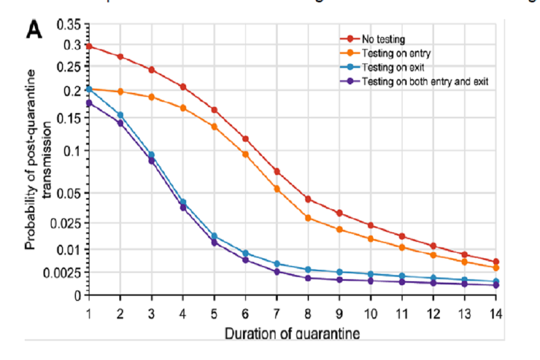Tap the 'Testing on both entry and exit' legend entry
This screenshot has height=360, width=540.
tap(424, 82)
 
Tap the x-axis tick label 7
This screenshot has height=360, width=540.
tap(276, 312)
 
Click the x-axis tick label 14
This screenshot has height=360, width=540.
tap(496, 312)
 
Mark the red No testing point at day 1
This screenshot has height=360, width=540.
tap(89, 46)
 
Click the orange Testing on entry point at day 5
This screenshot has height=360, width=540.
tap(214, 127)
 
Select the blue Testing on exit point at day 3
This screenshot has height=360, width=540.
tap(151, 155)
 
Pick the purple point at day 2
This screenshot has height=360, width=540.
tap(120, 123)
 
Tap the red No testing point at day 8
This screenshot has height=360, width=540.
tap(308, 199)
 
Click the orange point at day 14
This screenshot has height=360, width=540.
tap(496, 268)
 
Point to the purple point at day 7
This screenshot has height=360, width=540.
tap(277, 272)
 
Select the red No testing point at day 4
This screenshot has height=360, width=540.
tap(183, 87)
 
